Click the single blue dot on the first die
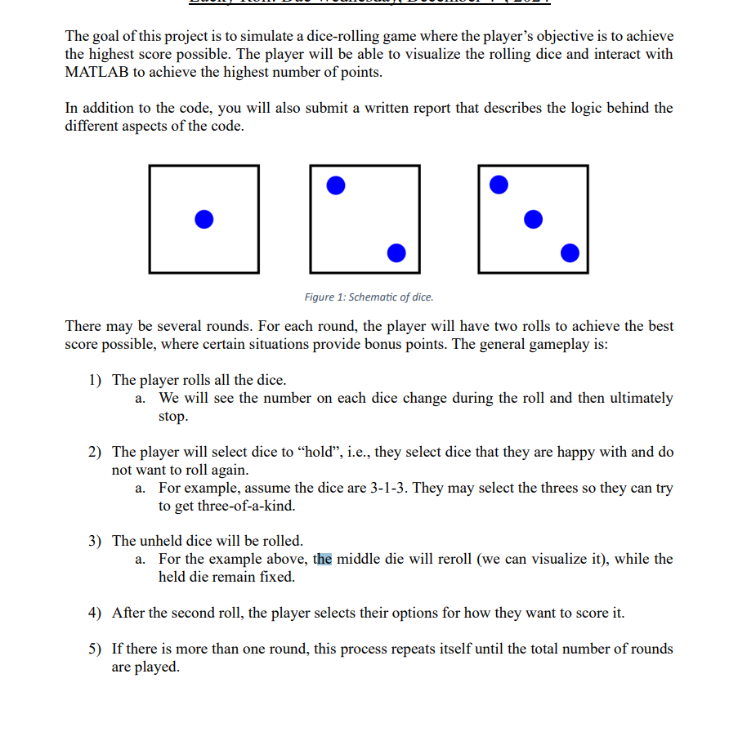pos(204,219)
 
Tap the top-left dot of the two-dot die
pos(335,185)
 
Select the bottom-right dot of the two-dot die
pos(396,252)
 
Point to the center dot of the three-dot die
pos(533,219)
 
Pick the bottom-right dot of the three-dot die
pos(570,252)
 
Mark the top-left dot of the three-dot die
pos(499,185)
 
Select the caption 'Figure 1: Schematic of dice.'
pos(369,297)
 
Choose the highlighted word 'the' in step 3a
pos(324,559)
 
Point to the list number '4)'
pos(96,613)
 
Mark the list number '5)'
pos(96,649)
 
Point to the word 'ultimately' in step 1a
pos(637,398)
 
